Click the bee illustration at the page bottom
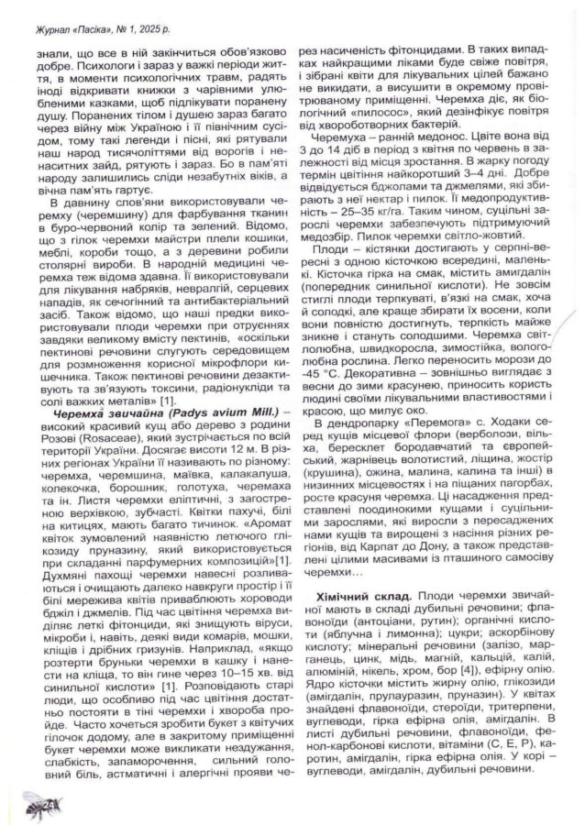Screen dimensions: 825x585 pyautogui.click(x=31, y=805)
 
